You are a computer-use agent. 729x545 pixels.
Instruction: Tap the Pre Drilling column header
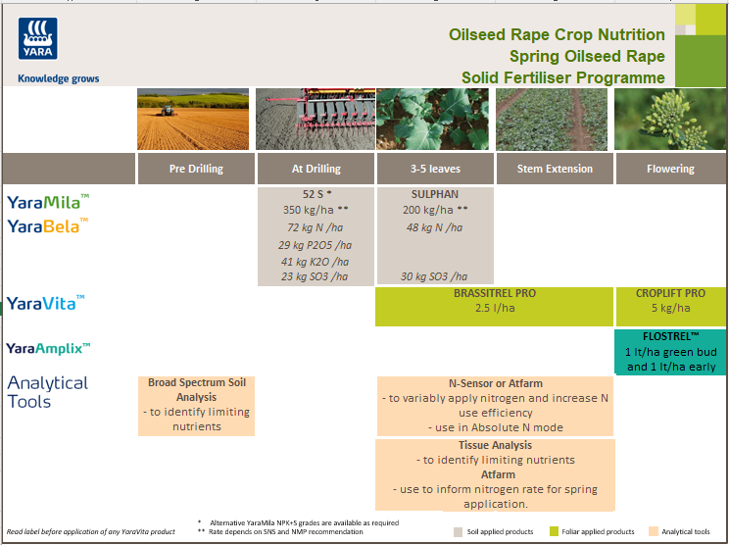click(x=196, y=169)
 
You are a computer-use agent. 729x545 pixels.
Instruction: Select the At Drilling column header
click(x=316, y=169)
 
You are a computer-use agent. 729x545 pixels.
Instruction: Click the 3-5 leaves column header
click(x=435, y=169)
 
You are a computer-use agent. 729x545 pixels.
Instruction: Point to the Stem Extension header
click(x=555, y=169)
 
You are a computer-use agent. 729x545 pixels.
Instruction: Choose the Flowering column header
click(x=670, y=169)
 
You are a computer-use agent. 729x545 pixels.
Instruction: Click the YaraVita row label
click(x=46, y=303)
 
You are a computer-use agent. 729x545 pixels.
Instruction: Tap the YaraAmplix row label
click(x=49, y=348)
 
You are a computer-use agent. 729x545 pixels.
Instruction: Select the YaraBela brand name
click(x=47, y=226)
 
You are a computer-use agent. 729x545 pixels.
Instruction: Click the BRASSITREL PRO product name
click(x=495, y=293)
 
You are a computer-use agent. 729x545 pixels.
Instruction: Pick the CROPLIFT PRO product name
click(x=670, y=293)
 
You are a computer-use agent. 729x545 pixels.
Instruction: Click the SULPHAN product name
click(x=435, y=194)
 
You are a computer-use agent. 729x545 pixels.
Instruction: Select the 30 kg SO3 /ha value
click(x=435, y=276)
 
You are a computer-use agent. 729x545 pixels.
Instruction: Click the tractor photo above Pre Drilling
click(x=196, y=119)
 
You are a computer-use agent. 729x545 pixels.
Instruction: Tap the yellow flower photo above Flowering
click(x=670, y=119)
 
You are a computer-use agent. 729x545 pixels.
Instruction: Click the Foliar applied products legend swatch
click(x=555, y=531)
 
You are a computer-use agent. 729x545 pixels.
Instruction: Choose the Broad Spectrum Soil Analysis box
click(x=197, y=405)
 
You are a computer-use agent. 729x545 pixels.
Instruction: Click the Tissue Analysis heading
click(x=495, y=446)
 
